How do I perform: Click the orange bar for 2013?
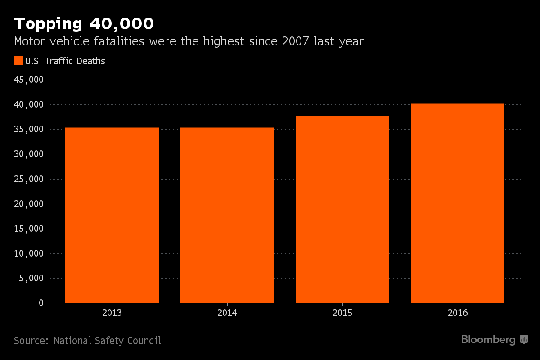(112, 215)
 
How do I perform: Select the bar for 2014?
(227, 215)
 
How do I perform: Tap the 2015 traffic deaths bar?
(342, 209)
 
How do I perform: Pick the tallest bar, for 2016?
(458, 203)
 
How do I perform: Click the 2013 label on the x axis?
(112, 313)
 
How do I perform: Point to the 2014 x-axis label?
(227, 313)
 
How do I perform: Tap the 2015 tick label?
(342, 313)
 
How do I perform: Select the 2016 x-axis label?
(458, 313)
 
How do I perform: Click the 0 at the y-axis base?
(41, 303)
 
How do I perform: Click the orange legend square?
(18, 61)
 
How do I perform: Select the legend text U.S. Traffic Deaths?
(65, 61)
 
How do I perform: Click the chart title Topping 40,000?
(84, 23)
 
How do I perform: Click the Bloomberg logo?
(494, 340)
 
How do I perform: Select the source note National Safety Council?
(107, 341)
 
